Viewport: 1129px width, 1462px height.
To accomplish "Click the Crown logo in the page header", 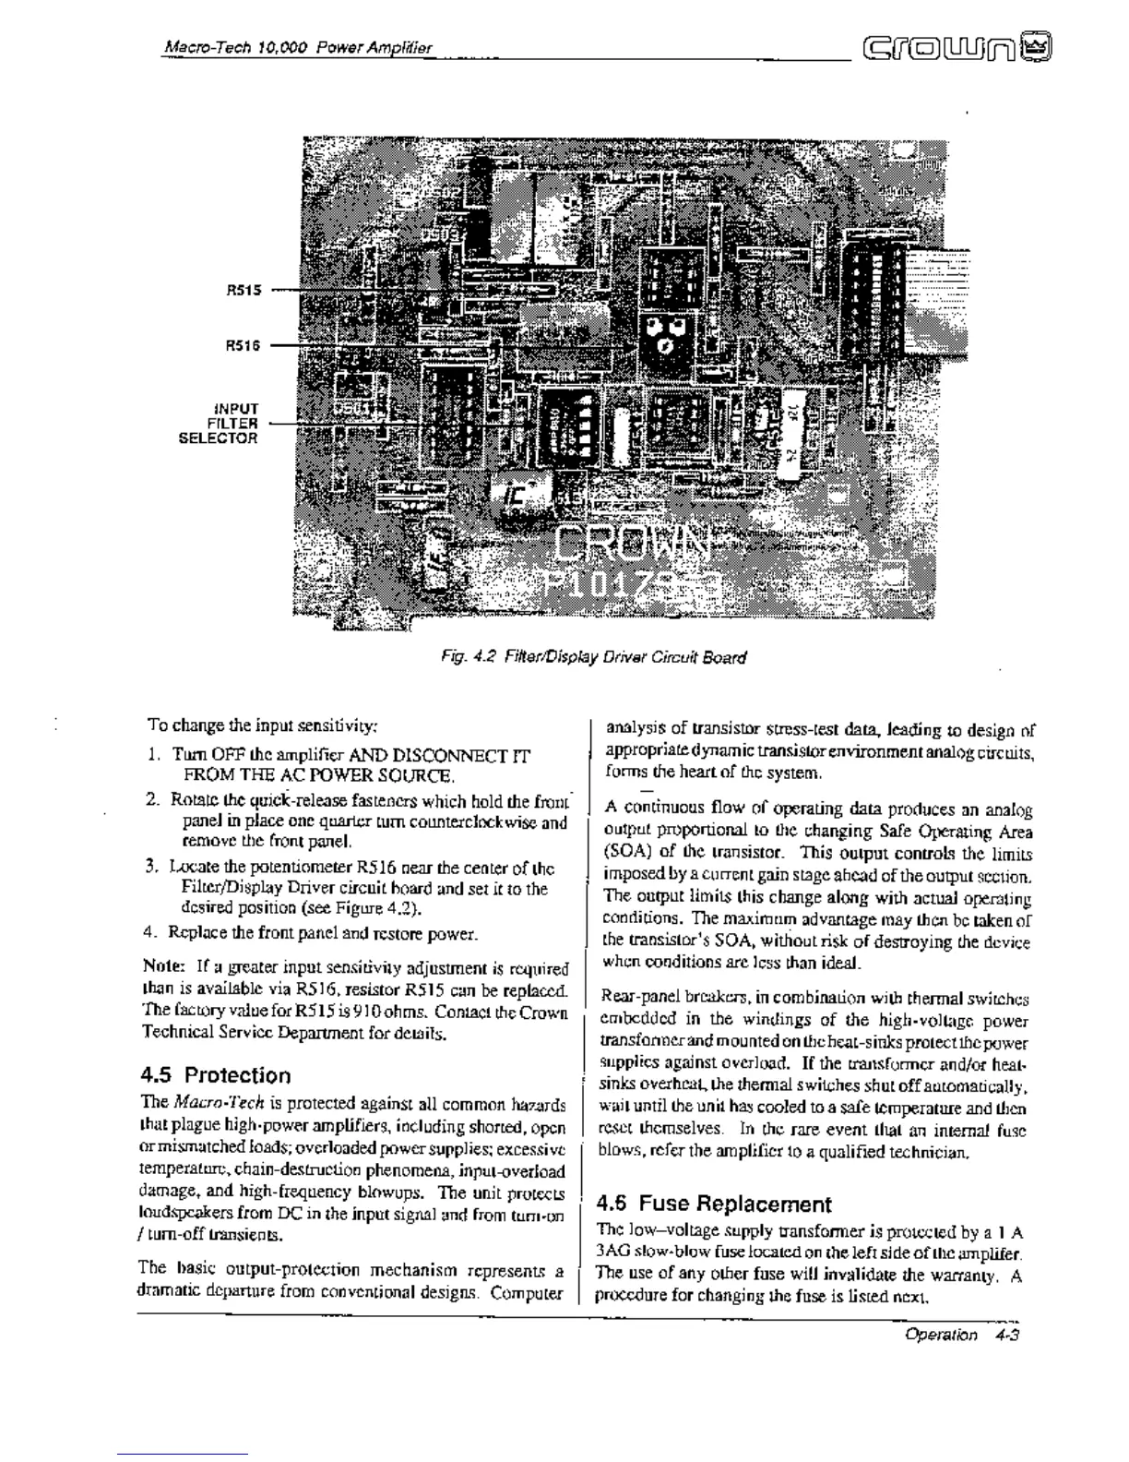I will coord(958,46).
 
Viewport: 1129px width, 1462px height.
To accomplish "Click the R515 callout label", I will coord(244,289).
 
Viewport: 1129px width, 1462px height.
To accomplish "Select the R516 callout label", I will coord(244,345).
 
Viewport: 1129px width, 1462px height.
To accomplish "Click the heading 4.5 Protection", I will coord(216,1075).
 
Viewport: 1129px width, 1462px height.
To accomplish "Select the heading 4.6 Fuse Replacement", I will coord(713,1204).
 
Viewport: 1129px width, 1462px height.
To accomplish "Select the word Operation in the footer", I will coord(941,1335).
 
